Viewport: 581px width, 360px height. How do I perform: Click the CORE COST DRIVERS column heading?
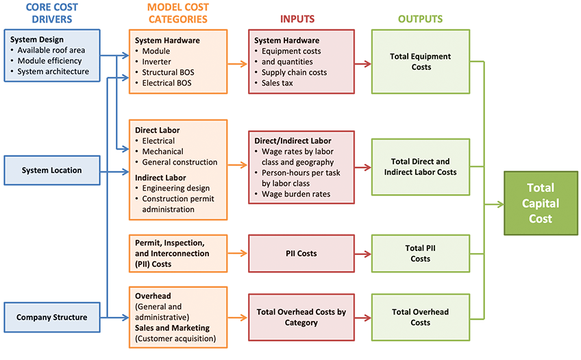[x=51, y=13]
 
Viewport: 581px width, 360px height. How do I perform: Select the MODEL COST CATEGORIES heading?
[x=177, y=13]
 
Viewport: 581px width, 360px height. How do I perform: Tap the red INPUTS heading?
[x=301, y=19]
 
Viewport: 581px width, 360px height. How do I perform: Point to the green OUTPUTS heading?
[x=421, y=19]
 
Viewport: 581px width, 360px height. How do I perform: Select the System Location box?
[x=51, y=170]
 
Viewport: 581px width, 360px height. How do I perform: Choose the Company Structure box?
[x=51, y=317]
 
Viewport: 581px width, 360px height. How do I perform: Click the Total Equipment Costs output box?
[x=421, y=62]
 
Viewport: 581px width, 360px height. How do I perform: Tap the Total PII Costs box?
[x=421, y=253]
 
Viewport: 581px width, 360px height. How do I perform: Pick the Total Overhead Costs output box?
[x=421, y=317]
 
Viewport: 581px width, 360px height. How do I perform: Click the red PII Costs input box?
[x=301, y=253]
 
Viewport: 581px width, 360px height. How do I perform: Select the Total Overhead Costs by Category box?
[x=301, y=317]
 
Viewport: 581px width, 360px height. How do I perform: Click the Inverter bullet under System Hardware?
[x=158, y=62]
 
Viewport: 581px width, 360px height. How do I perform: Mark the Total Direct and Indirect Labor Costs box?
[x=421, y=167]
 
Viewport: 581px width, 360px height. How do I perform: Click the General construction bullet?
[x=180, y=162]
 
